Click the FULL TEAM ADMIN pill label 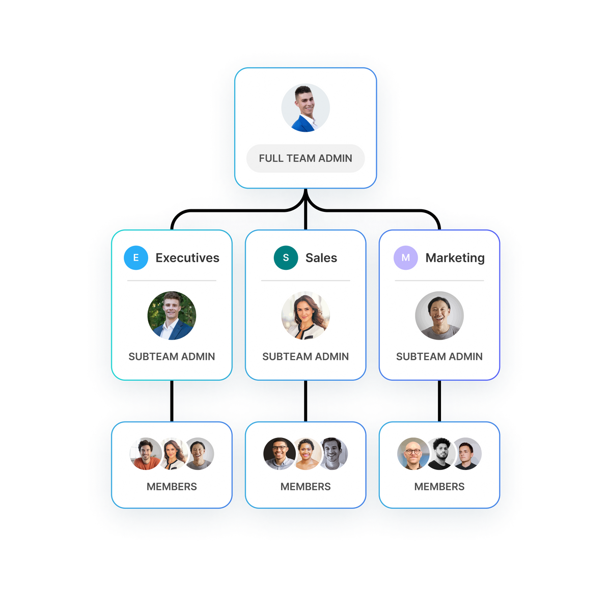(305, 158)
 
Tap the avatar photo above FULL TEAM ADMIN (305, 108)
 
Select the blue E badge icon (136, 258)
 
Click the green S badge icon (286, 258)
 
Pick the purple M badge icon (405, 258)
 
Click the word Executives (187, 258)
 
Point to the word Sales (321, 258)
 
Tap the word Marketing (455, 258)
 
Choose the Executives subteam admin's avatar (172, 316)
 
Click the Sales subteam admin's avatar (305, 316)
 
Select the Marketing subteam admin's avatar (439, 316)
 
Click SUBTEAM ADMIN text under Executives (172, 356)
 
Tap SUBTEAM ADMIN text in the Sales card (305, 356)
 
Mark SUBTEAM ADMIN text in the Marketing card (439, 356)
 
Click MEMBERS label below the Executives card (172, 487)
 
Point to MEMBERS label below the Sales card (305, 487)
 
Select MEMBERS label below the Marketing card (439, 487)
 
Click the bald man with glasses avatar (413, 453)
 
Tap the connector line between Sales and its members (306, 401)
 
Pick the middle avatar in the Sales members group (306, 454)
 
